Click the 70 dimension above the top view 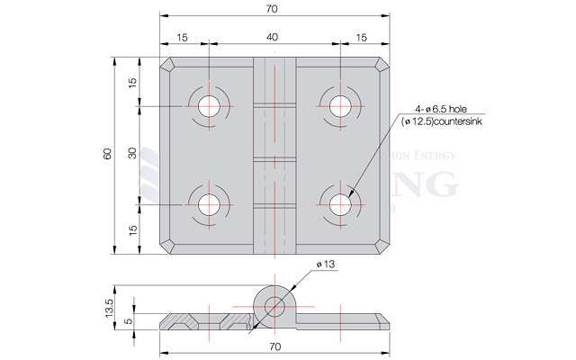click(x=275, y=9)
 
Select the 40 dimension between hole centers click(x=275, y=37)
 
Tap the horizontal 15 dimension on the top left click(x=184, y=37)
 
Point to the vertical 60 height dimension click(x=108, y=155)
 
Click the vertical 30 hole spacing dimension click(x=132, y=155)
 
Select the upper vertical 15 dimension click(x=132, y=83)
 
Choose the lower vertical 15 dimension click(x=132, y=229)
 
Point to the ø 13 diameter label click(x=325, y=264)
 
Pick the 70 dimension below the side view click(x=275, y=346)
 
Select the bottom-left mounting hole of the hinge click(x=208, y=203)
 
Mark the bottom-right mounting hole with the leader click(x=341, y=203)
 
